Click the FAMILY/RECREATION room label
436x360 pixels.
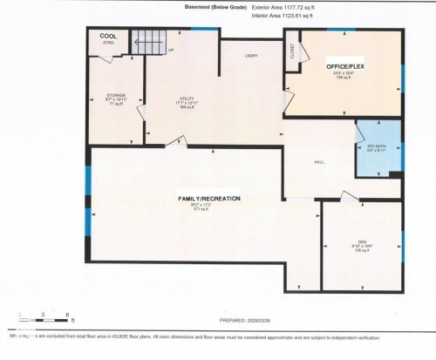tap(202, 200)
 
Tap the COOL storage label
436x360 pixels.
tap(109, 36)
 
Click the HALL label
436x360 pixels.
tap(319, 163)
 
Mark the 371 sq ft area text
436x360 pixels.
tap(202, 210)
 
